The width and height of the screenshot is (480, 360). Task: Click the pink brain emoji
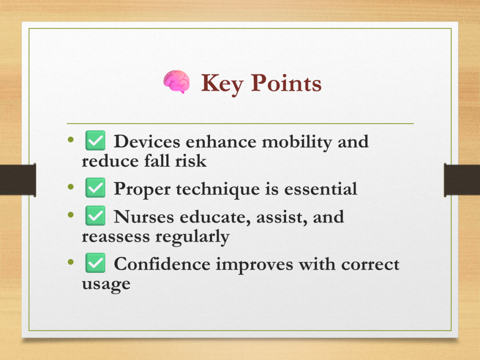(176, 82)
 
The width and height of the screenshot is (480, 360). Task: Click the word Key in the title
(222, 84)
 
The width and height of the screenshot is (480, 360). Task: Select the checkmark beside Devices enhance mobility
(95, 141)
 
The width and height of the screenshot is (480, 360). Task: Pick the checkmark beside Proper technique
(95, 187)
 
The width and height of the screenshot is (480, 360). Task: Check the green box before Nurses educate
(95, 216)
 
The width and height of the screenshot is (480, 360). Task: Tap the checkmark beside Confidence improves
(95, 263)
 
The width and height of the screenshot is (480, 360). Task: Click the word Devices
(147, 142)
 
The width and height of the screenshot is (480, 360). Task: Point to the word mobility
(297, 142)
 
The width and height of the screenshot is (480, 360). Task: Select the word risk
(191, 160)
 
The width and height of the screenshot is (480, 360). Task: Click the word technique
(217, 190)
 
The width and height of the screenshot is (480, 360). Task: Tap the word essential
(321, 188)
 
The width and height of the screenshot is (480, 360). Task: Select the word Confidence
(162, 264)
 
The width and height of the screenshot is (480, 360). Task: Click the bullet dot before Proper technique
(71, 187)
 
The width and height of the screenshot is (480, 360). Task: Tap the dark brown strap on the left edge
(18, 180)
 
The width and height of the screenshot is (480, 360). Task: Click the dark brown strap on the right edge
(462, 180)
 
